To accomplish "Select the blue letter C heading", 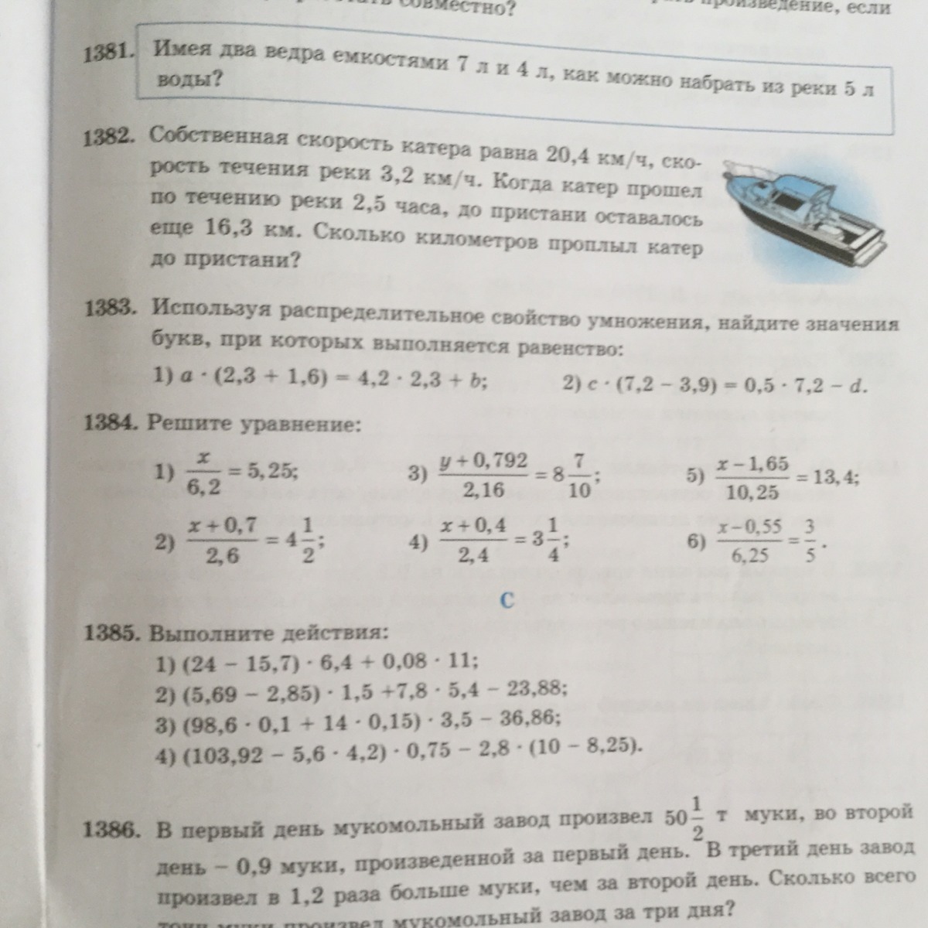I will [507, 600].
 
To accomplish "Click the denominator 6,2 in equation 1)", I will [203, 486].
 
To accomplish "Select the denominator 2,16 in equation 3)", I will [483, 489].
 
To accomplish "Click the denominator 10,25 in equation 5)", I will [752, 492].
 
